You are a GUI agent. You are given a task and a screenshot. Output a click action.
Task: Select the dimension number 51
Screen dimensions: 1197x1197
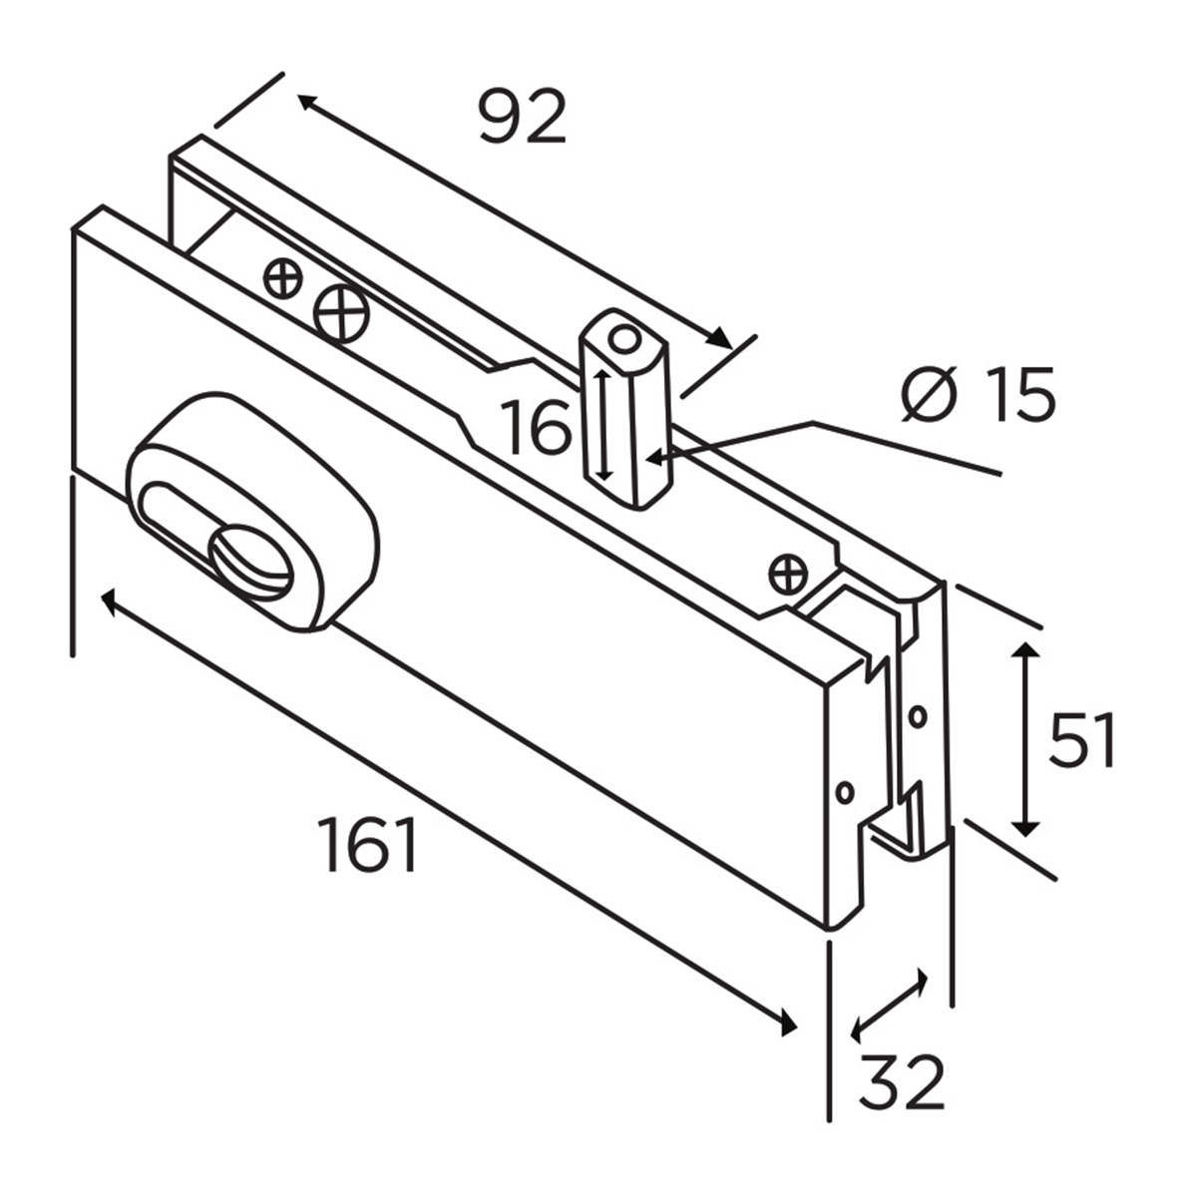point(1081,740)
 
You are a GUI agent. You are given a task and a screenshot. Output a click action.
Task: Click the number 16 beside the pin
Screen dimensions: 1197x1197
point(536,427)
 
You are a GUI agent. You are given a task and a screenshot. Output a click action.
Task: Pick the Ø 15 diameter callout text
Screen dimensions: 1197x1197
point(978,395)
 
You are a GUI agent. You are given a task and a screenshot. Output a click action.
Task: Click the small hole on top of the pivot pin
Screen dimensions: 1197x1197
point(624,338)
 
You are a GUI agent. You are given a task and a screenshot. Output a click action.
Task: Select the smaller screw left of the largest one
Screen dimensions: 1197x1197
point(283,277)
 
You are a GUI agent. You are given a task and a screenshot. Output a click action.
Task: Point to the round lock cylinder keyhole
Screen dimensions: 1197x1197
point(249,564)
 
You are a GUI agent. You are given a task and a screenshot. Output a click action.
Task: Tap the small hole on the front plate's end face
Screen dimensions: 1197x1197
point(844,791)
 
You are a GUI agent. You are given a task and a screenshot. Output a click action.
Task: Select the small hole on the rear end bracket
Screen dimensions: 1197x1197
point(918,715)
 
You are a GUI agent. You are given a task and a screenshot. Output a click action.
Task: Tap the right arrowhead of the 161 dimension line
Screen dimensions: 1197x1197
point(787,1023)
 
